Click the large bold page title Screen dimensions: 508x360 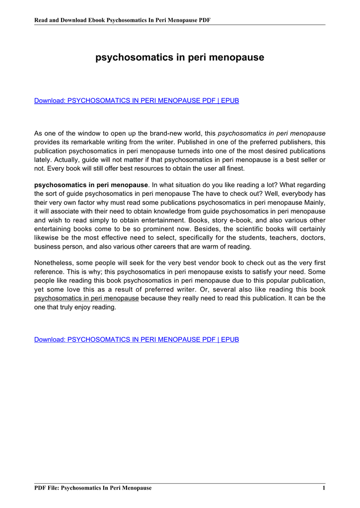[x=180, y=58]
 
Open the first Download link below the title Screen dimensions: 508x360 [x=137, y=101]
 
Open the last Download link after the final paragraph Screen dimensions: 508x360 [x=137, y=340]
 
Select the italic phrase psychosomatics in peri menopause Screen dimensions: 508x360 [x=272, y=133]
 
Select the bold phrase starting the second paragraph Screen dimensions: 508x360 [x=91, y=185]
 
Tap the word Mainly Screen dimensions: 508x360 [x=312, y=202]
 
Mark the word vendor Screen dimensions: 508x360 [x=183, y=263]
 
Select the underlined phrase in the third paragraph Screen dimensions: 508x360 [x=86, y=298]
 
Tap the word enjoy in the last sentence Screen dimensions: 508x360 [x=85, y=307]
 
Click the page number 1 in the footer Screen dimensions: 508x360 [x=323, y=488]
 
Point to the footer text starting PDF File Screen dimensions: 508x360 [x=92, y=488]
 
